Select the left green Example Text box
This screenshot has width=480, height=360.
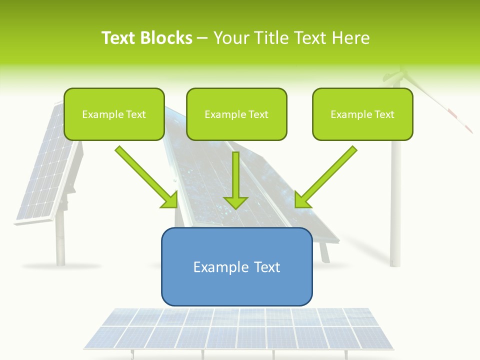point(114,114)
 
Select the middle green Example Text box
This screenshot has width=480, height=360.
point(236,114)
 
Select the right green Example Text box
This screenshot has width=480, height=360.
point(362,114)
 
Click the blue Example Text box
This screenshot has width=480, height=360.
point(236,266)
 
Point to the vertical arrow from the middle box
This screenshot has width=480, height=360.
point(235,175)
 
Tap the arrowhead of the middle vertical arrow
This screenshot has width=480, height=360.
point(235,202)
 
